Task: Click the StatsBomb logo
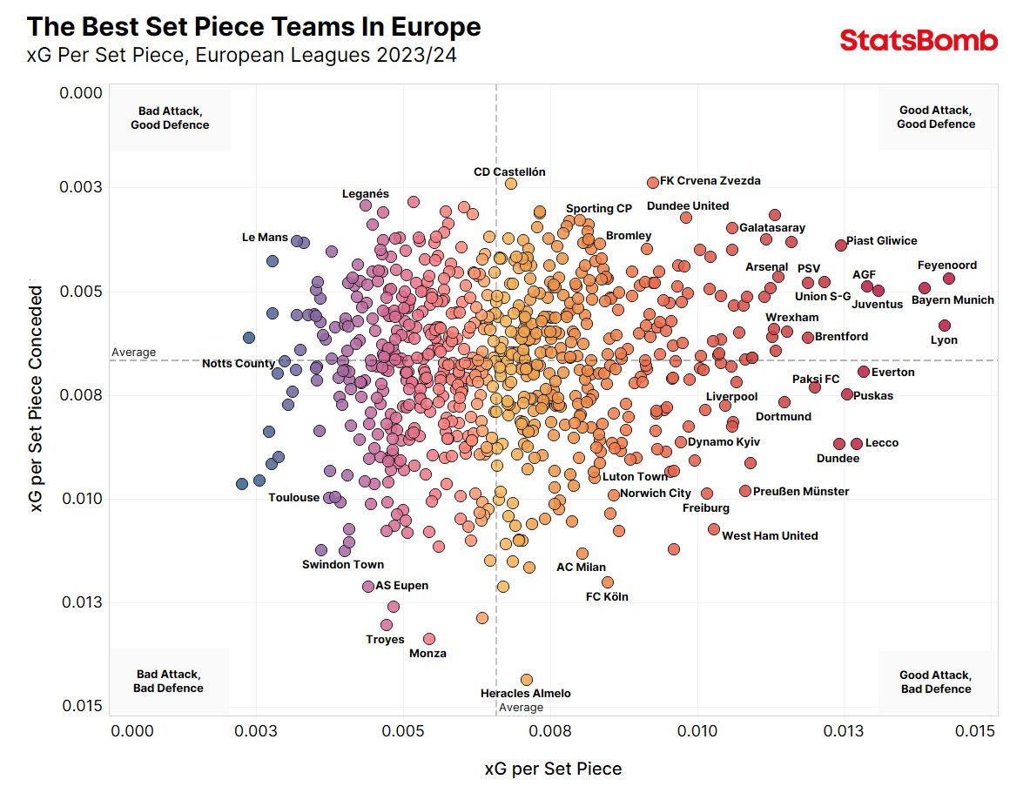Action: [x=919, y=41]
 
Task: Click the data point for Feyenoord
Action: [x=948, y=279]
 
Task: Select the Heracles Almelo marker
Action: [x=526, y=680]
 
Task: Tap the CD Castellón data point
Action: [x=511, y=184]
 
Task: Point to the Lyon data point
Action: [x=945, y=326]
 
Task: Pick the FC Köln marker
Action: [x=607, y=582]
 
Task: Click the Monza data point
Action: [x=428, y=639]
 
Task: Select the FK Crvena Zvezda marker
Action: [x=653, y=183]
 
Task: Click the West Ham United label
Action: [x=770, y=536]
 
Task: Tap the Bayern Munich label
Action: [x=953, y=300]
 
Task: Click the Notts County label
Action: [x=239, y=364]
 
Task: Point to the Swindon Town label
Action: [x=343, y=565]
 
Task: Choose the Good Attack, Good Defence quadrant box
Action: [x=936, y=118]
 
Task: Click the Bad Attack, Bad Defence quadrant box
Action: [x=168, y=682]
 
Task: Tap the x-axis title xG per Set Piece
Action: [x=553, y=769]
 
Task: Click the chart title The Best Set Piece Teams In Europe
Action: [x=254, y=27]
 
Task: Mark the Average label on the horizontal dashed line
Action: [x=133, y=353]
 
